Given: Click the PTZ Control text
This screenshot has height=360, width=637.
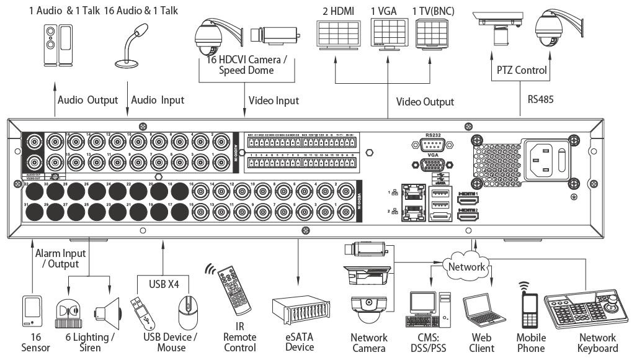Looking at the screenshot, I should [522, 70].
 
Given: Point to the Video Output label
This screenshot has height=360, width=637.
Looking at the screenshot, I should [425, 101].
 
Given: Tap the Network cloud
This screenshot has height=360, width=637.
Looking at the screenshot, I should [466, 266].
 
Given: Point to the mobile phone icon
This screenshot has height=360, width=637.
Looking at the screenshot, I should [531, 311].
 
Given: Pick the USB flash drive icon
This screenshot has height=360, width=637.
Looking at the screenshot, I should [142, 313].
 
